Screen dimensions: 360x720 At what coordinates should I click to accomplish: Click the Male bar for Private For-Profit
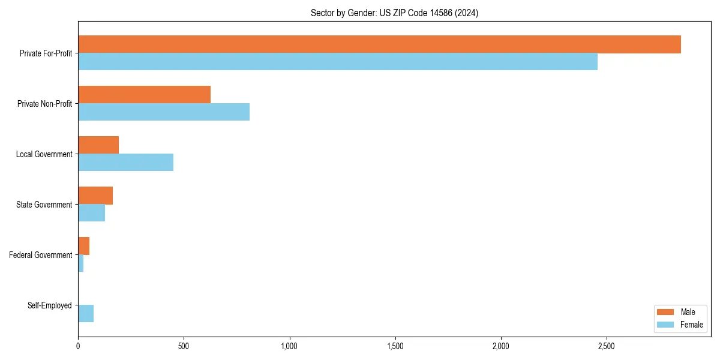point(379,44)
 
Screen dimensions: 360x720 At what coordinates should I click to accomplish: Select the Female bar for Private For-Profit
point(338,62)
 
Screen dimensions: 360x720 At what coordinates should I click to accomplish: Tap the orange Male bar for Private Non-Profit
point(144,95)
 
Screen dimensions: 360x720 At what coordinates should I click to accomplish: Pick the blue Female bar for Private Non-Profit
point(164,112)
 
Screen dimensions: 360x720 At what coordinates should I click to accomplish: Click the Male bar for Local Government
point(98,145)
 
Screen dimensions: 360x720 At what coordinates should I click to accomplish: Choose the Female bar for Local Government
point(125,163)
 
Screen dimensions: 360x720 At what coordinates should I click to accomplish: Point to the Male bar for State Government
point(95,196)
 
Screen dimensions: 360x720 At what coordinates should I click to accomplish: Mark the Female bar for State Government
point(91,213)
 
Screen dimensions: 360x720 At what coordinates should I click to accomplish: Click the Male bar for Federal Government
point(84,246)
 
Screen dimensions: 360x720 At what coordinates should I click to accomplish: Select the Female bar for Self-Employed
point(86,314)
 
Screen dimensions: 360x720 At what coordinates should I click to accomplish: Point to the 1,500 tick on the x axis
point(395,346)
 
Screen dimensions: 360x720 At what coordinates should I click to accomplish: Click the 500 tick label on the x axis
point(184,346)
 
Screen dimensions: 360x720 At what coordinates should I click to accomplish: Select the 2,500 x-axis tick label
point(606,346)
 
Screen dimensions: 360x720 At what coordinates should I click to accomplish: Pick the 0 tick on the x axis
point(78,346)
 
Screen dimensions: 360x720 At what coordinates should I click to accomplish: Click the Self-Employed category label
point(49,305)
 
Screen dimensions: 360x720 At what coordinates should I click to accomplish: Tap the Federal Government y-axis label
point(40,255)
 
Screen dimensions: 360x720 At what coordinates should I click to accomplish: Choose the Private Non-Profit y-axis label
point(44,104)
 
